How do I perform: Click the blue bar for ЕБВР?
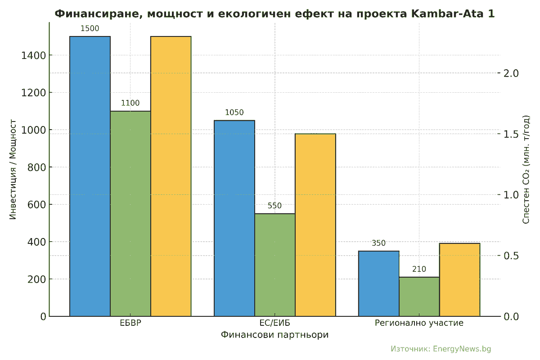(90, 175)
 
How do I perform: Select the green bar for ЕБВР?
(130, 214)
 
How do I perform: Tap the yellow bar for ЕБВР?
(171, 175)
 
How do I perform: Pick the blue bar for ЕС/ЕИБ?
(234, 218)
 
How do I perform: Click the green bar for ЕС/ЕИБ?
(275, 265)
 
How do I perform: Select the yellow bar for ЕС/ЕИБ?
(315, 225)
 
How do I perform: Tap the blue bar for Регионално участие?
(379, 283)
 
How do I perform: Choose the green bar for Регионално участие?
(419, 297)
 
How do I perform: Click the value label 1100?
(130, 103)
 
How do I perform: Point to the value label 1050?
(234, 112)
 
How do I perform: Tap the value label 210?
(419, 270)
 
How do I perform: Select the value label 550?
(274, 206)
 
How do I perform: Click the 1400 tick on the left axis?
(33, 55)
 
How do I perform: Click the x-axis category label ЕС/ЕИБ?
(275, 323)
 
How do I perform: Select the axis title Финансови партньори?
(275, 335)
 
